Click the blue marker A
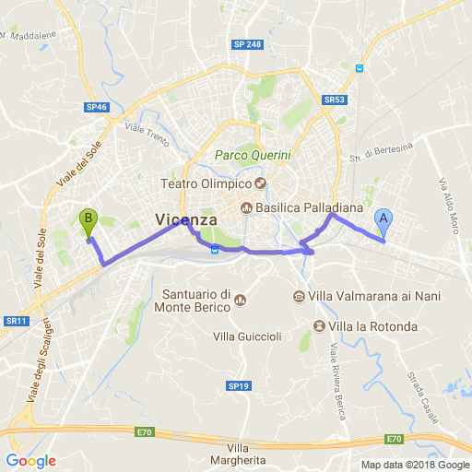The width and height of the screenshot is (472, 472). pos(383,221)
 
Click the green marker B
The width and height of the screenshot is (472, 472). pos(88,221)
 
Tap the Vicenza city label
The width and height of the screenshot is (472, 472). pos(186,220)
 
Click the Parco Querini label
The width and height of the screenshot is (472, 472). pos(252,157)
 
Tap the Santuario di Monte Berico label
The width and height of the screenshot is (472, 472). pos(196,301)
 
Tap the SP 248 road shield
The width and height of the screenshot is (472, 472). pos(247,44)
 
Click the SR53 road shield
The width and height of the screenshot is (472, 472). pos(334,99)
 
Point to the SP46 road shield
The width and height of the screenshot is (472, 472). pos(97,108)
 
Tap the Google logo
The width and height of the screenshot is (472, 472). pos(30,461)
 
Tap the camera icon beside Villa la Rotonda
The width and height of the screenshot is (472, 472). pos(319,326)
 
